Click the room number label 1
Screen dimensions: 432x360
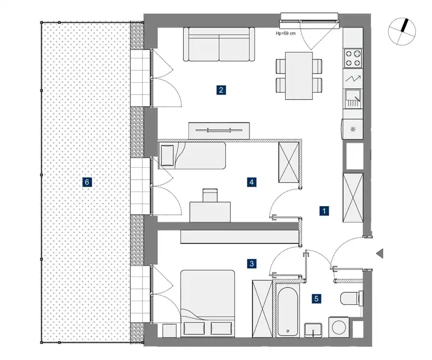pos(324,211)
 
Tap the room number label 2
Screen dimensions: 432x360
pos(221,90)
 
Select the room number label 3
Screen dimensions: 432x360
pos(252,263)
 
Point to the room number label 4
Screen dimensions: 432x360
pos(252,182)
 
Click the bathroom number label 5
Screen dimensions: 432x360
pos(316,298)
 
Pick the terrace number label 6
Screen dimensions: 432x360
pos(87,182)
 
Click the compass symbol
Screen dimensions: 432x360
pos(402,31)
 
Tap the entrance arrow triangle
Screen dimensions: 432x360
pos(380,254)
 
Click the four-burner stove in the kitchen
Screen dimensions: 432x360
pos(353,58)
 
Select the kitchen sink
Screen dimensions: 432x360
pos(353,98)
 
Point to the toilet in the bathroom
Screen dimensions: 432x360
pos(352,298)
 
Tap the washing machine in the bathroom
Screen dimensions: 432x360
pos(339,327)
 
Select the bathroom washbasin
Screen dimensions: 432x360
pos(313,330)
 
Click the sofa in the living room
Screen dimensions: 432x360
pos(219,44)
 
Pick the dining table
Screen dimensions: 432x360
pos(299,76)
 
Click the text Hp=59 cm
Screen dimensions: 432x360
pos(286,33)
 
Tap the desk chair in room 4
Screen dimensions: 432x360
pos(210,195)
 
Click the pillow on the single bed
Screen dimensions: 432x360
pos(167,155)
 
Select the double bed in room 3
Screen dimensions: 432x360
pos(208,303)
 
